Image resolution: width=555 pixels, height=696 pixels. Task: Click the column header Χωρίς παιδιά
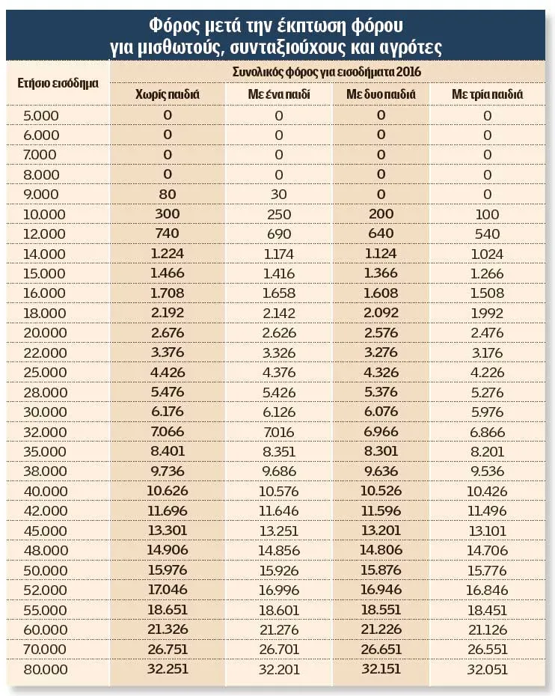point(168,94)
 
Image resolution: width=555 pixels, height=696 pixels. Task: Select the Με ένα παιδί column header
point(278,94)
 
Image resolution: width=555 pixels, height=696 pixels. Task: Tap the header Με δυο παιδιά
point(381,94)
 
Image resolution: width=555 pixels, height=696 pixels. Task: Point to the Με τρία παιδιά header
point(487,94)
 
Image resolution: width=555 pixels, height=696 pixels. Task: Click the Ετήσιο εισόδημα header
point(58,84)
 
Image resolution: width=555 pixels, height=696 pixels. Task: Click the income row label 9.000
point(41,195)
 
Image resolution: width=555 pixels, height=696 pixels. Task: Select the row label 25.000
point(45,373)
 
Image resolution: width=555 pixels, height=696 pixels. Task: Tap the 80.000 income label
point(45,669)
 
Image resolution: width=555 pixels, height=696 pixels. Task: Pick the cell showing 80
point(168,194)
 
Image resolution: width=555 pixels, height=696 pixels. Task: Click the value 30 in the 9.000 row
point(278,195)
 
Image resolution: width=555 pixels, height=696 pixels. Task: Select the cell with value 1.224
point(168,254)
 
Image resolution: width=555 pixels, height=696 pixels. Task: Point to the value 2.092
point(381,313)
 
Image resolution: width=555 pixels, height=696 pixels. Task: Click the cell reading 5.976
point(487,412)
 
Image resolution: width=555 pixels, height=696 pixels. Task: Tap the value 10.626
point(168,490)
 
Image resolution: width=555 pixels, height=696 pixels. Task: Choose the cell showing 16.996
point(278,590)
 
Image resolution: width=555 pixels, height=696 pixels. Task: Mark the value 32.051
point(487,669)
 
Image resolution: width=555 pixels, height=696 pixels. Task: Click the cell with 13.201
point(381,530)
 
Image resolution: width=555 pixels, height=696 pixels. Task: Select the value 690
point(278,234)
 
